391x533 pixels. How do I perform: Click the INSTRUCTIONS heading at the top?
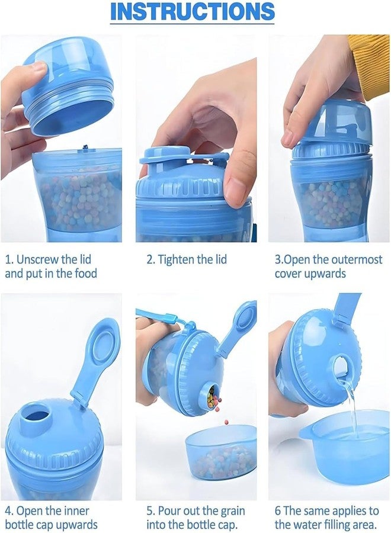[193, 11]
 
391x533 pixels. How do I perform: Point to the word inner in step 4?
[75, 510]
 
